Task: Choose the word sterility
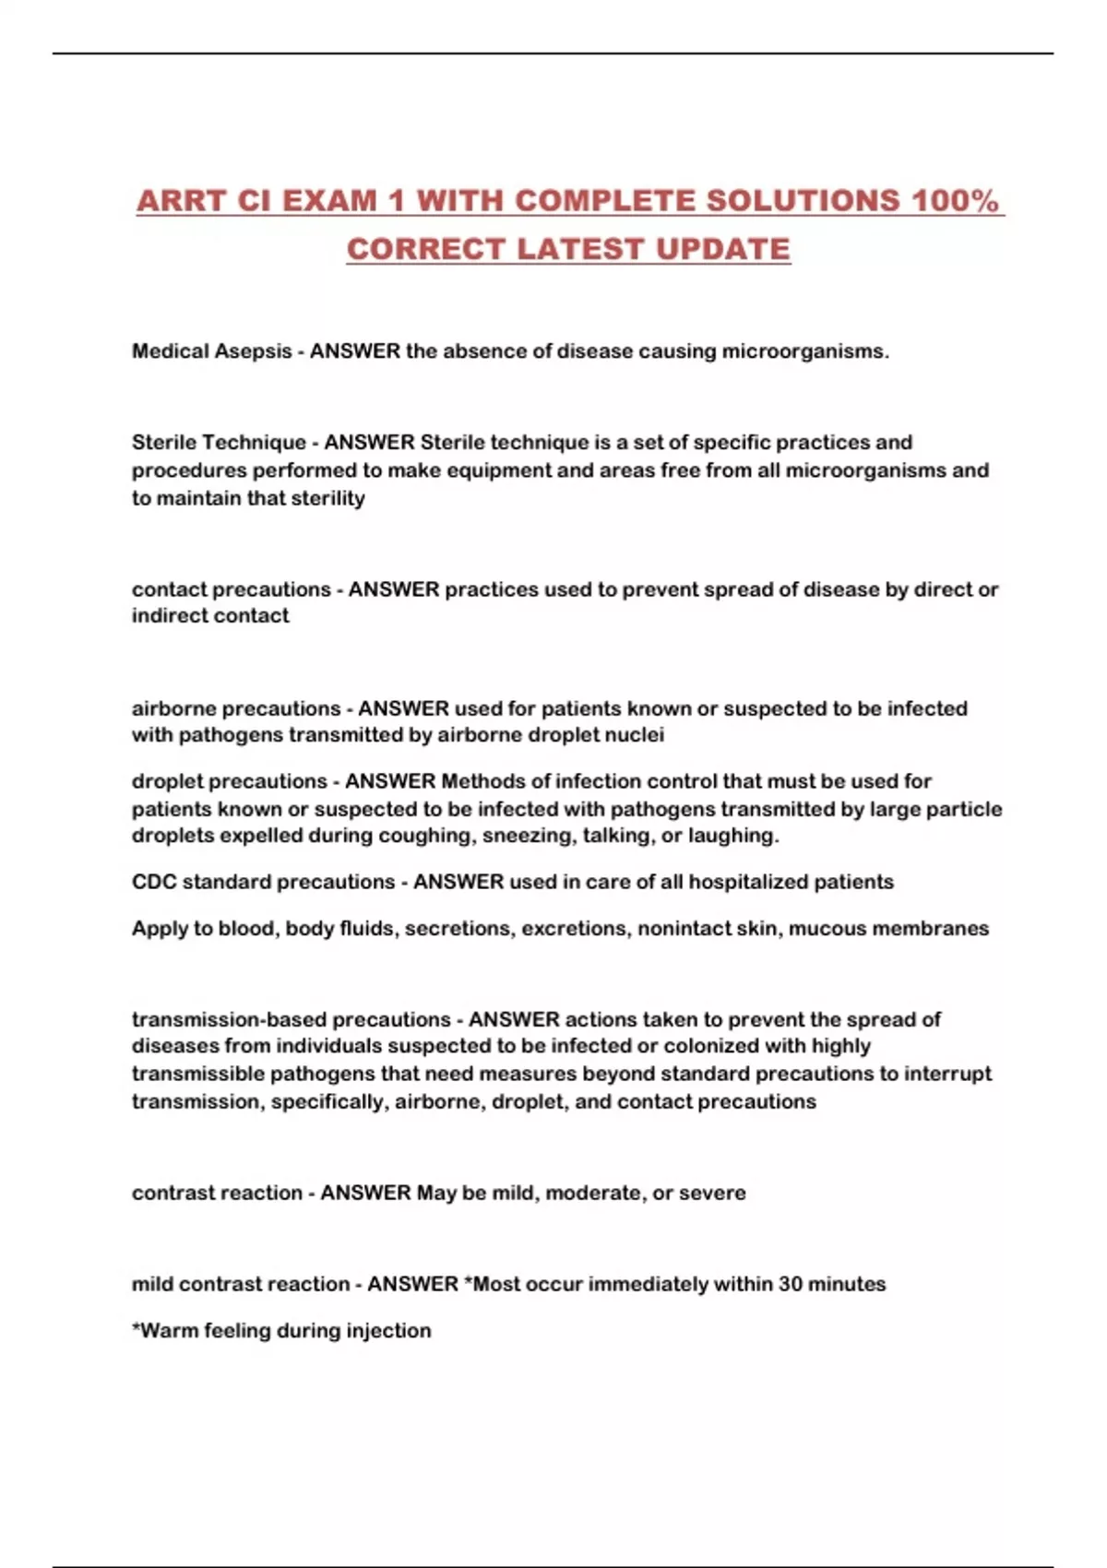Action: pos(327,498)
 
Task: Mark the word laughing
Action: pos(732,836)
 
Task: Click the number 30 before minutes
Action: pos(791,1284)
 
